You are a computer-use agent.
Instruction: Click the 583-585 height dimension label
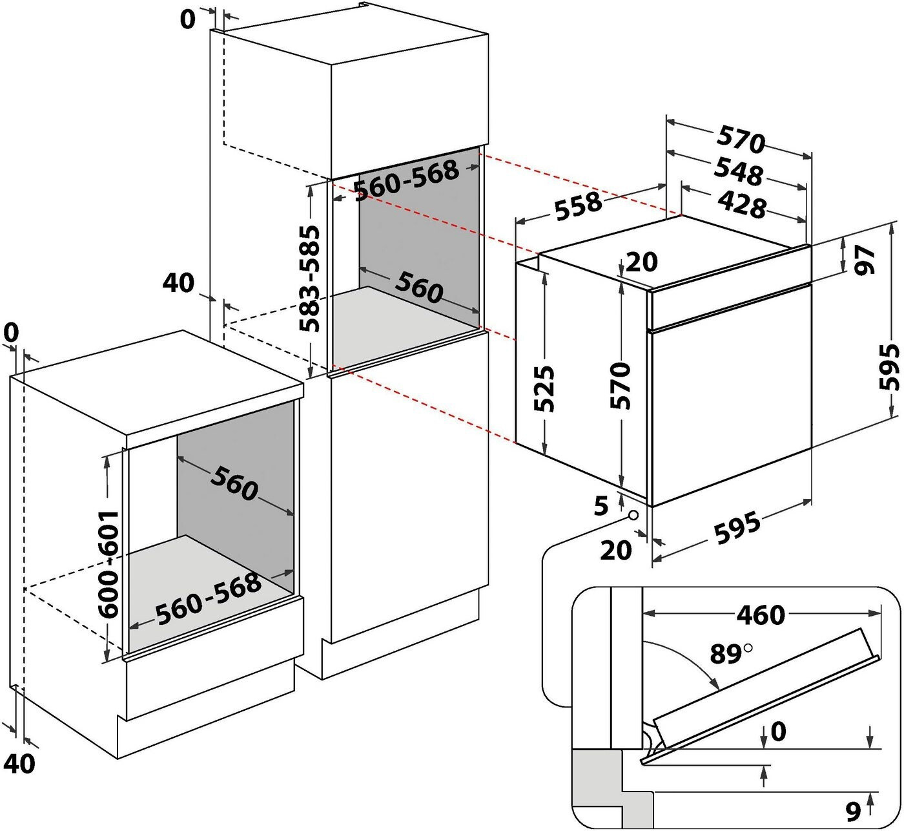click(x=310, y=279)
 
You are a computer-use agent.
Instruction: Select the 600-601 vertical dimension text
click(x=108, y=564)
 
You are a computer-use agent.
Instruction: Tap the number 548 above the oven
click(x=739, y=171)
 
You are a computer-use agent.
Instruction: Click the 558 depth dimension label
click(x=578, y=206)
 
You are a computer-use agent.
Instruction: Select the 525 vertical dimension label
click(x=544, y=388)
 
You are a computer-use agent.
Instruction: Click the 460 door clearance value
click(x=761, y=615)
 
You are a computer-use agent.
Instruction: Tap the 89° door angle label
click(x=731, y=654)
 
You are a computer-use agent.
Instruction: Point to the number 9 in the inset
click(x=853, y=812)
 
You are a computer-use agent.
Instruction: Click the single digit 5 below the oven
click(x=602, y=506)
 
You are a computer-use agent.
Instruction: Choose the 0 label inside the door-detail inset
click(x=778, y=731)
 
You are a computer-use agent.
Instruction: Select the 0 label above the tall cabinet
click(x=187, y=19)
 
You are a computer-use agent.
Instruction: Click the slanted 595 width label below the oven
click(x=737, y=527)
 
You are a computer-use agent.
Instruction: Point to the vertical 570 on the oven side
click(x=621, y=385)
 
